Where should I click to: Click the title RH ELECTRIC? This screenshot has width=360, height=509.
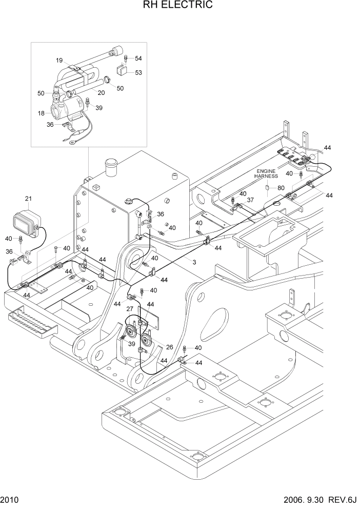click(x=179, y=6)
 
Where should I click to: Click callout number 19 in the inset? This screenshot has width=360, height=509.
click(x=59, y=60)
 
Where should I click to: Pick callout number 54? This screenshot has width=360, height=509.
click(x=138, y=58)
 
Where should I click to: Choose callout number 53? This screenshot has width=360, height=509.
click(x=138, y=72)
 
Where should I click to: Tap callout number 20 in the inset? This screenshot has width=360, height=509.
click(x=101, y=93)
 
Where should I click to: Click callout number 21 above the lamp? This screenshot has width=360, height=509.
click(x=28, y=199)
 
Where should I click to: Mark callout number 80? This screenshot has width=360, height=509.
click(x=281, y=188)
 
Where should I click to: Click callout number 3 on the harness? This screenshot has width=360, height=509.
click(x=194, y=262)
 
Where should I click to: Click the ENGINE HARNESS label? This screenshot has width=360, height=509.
click(x=266, y=173)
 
